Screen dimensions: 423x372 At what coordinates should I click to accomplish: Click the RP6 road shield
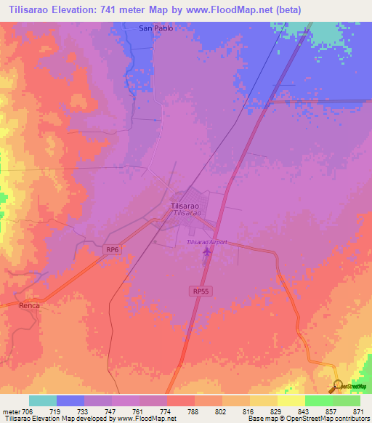111,250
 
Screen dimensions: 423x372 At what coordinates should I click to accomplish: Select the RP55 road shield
201,291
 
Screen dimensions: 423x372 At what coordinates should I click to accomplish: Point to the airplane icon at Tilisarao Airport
207,252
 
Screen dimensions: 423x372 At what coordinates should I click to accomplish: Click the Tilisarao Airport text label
206,242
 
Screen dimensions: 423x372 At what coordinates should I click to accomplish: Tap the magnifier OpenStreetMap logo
338,386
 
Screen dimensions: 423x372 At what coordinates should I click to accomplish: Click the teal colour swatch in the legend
43,400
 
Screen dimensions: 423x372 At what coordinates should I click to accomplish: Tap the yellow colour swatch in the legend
291,400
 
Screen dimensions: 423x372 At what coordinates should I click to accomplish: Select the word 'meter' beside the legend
11,411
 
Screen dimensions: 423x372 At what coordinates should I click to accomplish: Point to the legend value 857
331,411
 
